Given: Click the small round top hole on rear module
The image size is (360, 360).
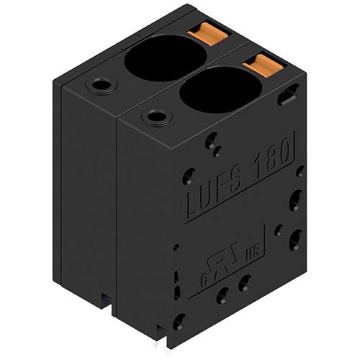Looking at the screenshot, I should pyautogui.click(x=100, y=85).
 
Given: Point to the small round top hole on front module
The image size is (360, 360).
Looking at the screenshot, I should pyautogui.click(x=155, y=116).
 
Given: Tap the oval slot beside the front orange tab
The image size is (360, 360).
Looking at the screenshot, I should pyautogui.click(x=289, y=94).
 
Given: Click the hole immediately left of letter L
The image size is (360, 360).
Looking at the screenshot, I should pyautogui.click(x=188, y=176).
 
